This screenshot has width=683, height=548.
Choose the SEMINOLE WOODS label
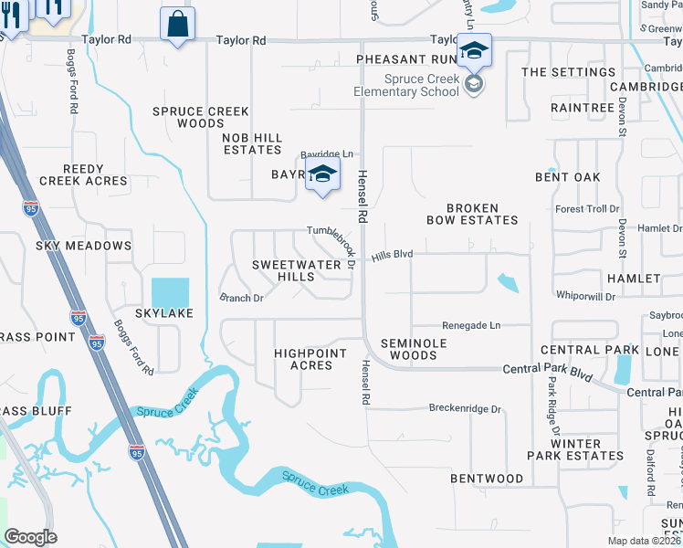(408, 349)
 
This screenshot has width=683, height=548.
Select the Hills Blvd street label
(392, 257)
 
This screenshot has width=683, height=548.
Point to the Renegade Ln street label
(471, 325)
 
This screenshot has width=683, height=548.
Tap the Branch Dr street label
(241, 298)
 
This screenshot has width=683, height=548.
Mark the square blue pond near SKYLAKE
(170, 293)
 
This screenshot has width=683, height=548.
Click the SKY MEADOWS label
(83, 246)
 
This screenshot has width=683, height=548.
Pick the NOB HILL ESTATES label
(252, 143)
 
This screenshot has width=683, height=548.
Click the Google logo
(30, 537)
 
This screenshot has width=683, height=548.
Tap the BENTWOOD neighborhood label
(487, 479)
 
